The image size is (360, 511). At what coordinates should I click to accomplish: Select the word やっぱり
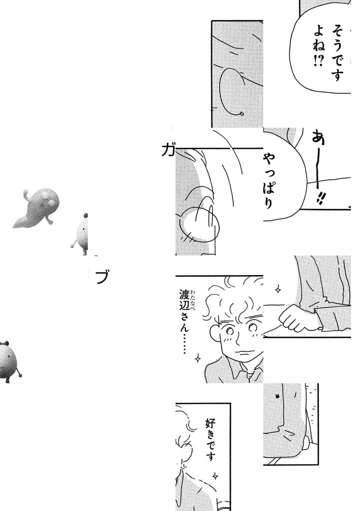(269, 181)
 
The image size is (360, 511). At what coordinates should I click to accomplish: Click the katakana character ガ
(168, 151)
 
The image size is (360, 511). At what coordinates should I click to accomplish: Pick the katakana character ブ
(102, 277)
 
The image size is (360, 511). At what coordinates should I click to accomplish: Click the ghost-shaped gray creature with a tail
(36, 208)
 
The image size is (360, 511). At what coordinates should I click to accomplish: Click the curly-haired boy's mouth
(245, 351)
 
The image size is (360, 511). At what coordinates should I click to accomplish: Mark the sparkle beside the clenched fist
(278, 289)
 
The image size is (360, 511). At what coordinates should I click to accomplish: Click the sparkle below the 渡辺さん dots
(197, 358)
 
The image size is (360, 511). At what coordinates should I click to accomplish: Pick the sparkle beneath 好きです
(215, 475)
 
